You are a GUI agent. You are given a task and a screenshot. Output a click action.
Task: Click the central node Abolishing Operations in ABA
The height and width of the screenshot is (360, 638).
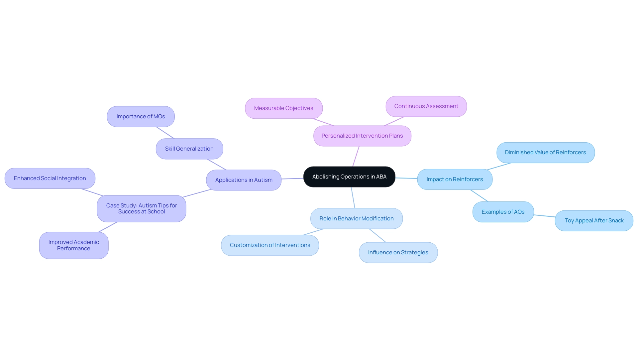[x=349, y=177]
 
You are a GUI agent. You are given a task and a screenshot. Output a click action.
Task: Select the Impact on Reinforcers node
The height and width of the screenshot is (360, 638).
[x=455, y=180]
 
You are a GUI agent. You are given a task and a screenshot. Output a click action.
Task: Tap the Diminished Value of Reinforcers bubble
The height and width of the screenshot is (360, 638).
[x=545, y=153]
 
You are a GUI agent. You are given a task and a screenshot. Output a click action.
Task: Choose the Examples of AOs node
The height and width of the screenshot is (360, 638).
[x=503, y=212]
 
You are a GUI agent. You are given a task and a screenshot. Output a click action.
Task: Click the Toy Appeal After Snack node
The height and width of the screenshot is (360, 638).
[x=594, y=221]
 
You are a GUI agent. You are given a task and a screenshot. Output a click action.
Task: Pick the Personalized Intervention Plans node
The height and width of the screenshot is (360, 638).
[x=362, y=136]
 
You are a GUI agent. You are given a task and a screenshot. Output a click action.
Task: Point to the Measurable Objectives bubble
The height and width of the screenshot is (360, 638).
[x=283, y=108]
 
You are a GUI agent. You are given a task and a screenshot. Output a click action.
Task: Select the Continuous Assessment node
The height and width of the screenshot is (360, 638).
[x=426, y=106]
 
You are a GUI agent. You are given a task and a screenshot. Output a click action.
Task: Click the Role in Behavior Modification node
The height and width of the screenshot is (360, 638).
[x=356, y=219]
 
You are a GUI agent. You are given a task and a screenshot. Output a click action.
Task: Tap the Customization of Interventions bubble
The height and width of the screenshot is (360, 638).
[x=270, y=245]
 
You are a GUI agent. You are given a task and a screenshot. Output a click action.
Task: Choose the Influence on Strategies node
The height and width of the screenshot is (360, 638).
[x=398, y=253]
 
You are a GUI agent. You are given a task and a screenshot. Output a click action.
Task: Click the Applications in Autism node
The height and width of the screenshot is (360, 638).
[x=244, y=180]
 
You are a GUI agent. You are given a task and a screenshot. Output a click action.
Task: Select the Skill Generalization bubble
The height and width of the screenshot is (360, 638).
[x=189, y=149]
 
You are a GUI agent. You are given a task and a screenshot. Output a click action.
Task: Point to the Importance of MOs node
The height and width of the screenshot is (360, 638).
[x=141, y=117]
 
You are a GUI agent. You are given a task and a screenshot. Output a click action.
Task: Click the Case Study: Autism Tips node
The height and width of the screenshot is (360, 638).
[x=141, y=209]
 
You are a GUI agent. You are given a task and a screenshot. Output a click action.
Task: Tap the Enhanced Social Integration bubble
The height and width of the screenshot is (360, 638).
[x=50, y=179]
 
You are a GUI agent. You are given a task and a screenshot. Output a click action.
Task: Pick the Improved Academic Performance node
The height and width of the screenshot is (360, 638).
[x=73, y=245]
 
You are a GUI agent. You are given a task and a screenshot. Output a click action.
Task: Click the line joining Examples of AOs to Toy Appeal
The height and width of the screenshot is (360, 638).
[x=544, y=216]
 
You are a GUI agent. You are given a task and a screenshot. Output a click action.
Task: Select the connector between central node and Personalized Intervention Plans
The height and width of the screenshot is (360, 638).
[x=356, y=156]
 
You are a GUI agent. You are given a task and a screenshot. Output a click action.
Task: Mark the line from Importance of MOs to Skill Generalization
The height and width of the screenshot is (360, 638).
[x=165, y=133]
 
